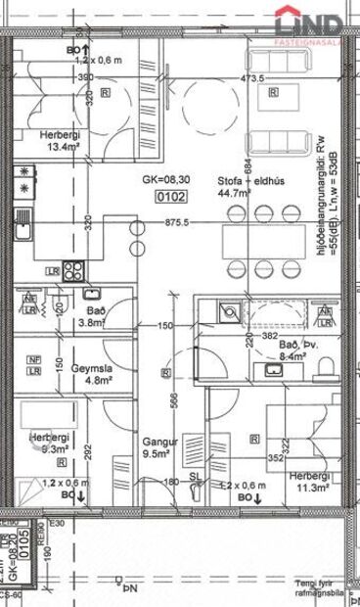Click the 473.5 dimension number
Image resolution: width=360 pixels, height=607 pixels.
pos(253,77)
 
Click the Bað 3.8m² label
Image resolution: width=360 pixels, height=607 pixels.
pos(93,313)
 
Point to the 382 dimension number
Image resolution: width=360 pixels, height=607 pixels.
pos(268,336)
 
